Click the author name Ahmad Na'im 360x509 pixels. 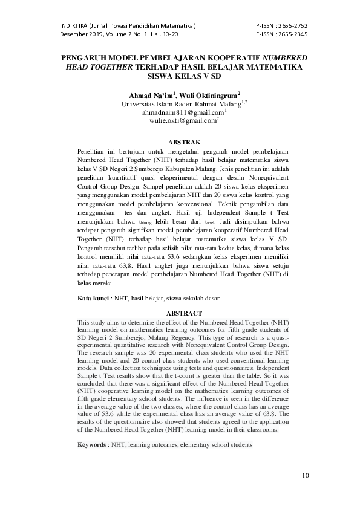coord(150,95)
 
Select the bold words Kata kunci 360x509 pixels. coord(93,299)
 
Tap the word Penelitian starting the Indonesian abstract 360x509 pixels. coord(94,150)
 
